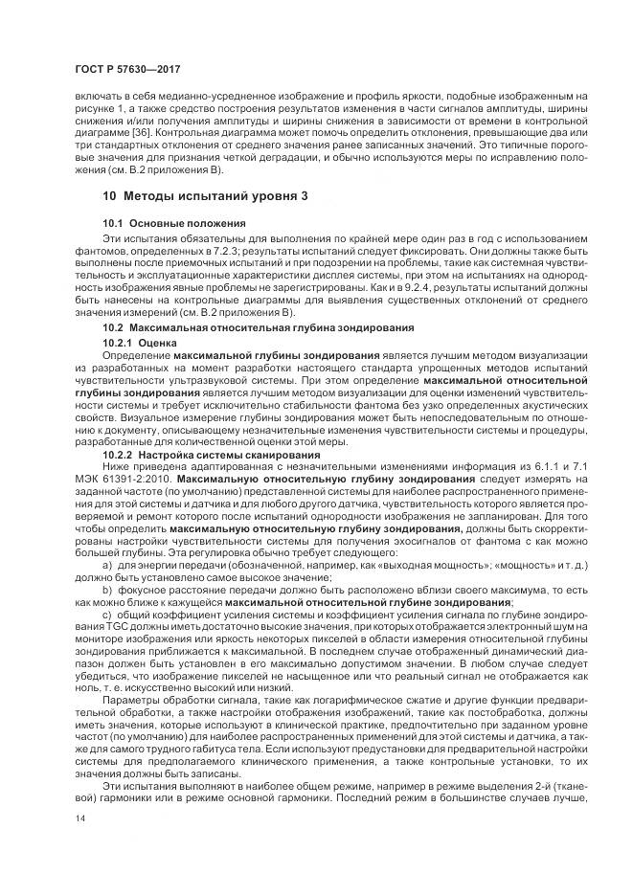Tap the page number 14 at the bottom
point(79,819)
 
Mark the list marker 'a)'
point(108,565)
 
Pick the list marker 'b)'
point(108,589)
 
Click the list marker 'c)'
point(108,613)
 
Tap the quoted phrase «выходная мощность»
point(403,565)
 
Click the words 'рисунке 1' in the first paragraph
point(100,109)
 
